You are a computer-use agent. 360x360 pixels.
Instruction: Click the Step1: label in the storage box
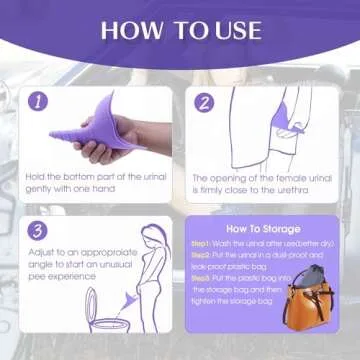point(204,243)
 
